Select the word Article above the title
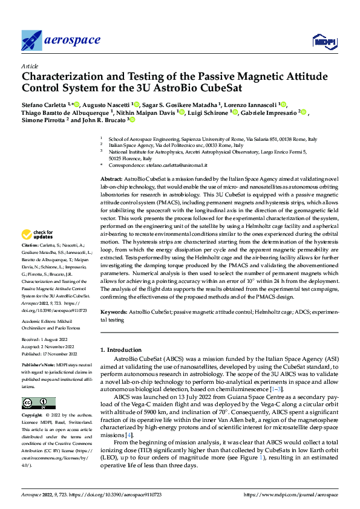pyautogui.click(x=29, y=66)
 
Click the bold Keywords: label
pyautogui.click(x=114, y=312)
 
